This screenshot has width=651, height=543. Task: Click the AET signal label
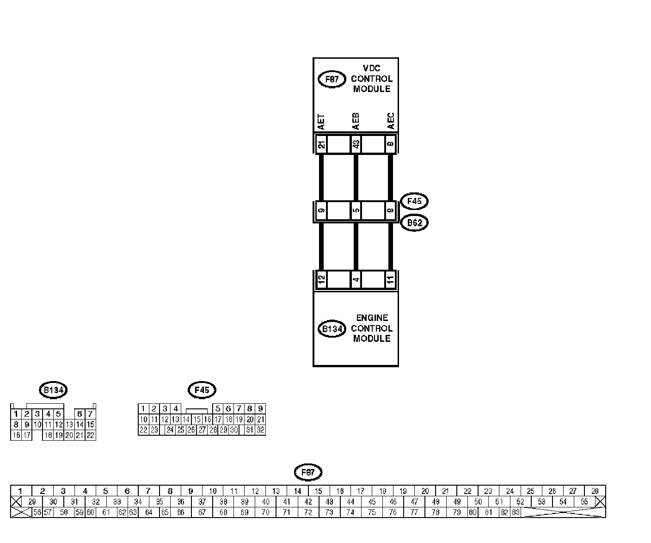pyautogui.click(x=321, y=122)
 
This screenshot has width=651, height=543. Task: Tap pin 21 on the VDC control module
pyautogui.click(x=321, y=144)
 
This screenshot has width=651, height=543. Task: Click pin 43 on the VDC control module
pyautogui.click(x=356, y=144)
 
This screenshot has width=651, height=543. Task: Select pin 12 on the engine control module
pyautogui.click(x=321, y=279)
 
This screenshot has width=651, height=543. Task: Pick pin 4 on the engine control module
pyautogui.click(x=356, y=279)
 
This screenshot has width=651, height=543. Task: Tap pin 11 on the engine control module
pyautogui.click(x=391, y=279)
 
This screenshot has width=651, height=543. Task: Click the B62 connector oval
pyautogui.click(x=414, y=223)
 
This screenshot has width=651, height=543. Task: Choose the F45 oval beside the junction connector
pyautogui.click(x=414, y=202)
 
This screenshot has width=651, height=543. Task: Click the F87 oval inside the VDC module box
pyautogui.click(x=332, y=79)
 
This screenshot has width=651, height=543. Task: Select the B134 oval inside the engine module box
pyautogui.click(x=332, y=329)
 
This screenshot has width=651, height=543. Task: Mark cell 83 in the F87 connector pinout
pyautogui.click(x=516, y=512)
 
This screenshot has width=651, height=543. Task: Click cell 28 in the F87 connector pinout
pyautogui.click(x=595, y=491)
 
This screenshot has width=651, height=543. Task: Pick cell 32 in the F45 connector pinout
pyautogui.click(x=260, y=430)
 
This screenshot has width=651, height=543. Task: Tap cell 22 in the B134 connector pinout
pyautogui.click(x=91, y=435)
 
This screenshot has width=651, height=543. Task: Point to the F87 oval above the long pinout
pyautogui.click(x=308, y=473)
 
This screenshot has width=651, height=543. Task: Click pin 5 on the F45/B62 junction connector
pyautogui.click(x=356, y=211)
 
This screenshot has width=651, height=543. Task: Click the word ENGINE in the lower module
pyautogui.click(x=372, y=318)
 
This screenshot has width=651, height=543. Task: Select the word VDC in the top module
pyautogui.click(x=372, y=68)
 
